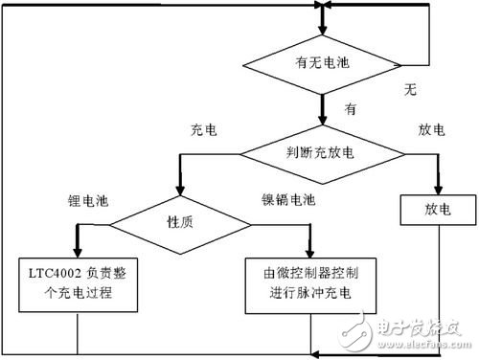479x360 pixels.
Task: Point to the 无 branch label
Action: [x=410, y=89]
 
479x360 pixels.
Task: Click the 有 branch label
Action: [x=351, y=109]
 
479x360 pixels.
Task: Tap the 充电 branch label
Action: [x=204, y=130]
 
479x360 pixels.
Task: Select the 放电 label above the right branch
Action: [x=431, y=130]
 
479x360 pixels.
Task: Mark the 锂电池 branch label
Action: [x=88, y=201]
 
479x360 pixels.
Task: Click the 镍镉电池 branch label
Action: [x=288, y=200]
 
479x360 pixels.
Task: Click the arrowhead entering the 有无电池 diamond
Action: [x=323, y=30]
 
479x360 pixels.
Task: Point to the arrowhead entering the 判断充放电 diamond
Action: [x=323, y=120]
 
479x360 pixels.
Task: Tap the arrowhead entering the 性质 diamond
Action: [x=180, y=191]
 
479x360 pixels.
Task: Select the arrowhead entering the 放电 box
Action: [x=438, y=191]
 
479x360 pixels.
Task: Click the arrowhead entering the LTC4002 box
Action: [x=78, y=253]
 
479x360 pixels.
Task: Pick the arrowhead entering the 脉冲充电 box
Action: [x=309, y=253]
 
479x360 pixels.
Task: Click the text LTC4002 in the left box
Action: [x=55, y=274]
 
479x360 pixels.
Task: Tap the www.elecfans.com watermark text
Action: [x=424, y=345]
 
